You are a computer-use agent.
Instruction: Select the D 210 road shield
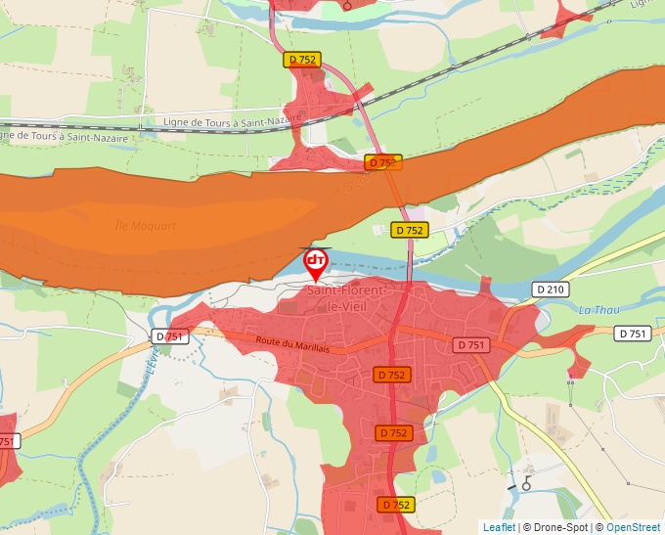point(551,290)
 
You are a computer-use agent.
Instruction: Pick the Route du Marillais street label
point(294,342)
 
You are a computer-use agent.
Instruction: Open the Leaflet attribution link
point(499,527)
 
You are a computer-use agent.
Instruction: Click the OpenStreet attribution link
point(633,527)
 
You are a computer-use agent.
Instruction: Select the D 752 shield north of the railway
point(302,60)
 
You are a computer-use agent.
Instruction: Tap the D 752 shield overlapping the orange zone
point(383,162)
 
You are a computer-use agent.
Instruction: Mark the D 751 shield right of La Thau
point(633,334)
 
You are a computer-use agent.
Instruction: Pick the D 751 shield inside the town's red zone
point(470,345)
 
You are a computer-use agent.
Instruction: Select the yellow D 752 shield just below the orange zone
point(410,230)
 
